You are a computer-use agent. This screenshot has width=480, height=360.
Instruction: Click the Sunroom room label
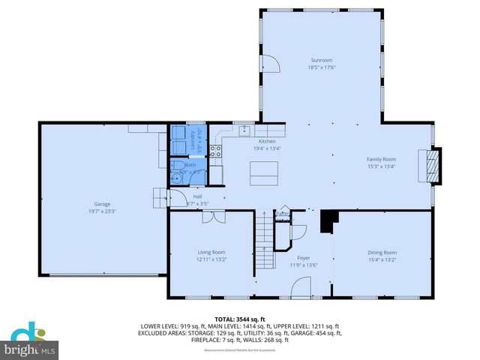(322, 60)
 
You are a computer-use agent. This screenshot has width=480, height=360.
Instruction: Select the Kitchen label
(267, 141)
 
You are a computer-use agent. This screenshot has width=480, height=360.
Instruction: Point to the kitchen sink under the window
(244, 130)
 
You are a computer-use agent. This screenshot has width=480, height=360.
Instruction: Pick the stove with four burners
(216, 151)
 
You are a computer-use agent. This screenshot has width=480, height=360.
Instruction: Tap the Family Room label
(381, 159)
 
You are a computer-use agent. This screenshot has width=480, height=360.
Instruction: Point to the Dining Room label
(382, 253)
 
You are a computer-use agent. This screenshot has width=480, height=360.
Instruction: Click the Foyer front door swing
(301, 286)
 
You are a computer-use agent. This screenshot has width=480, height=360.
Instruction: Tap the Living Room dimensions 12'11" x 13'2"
(211, 259)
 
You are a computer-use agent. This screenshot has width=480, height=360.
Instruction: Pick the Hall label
(197, 196)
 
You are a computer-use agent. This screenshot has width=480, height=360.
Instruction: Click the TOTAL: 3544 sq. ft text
(240, 319)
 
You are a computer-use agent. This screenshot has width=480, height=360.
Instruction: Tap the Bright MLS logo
(30, 343)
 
